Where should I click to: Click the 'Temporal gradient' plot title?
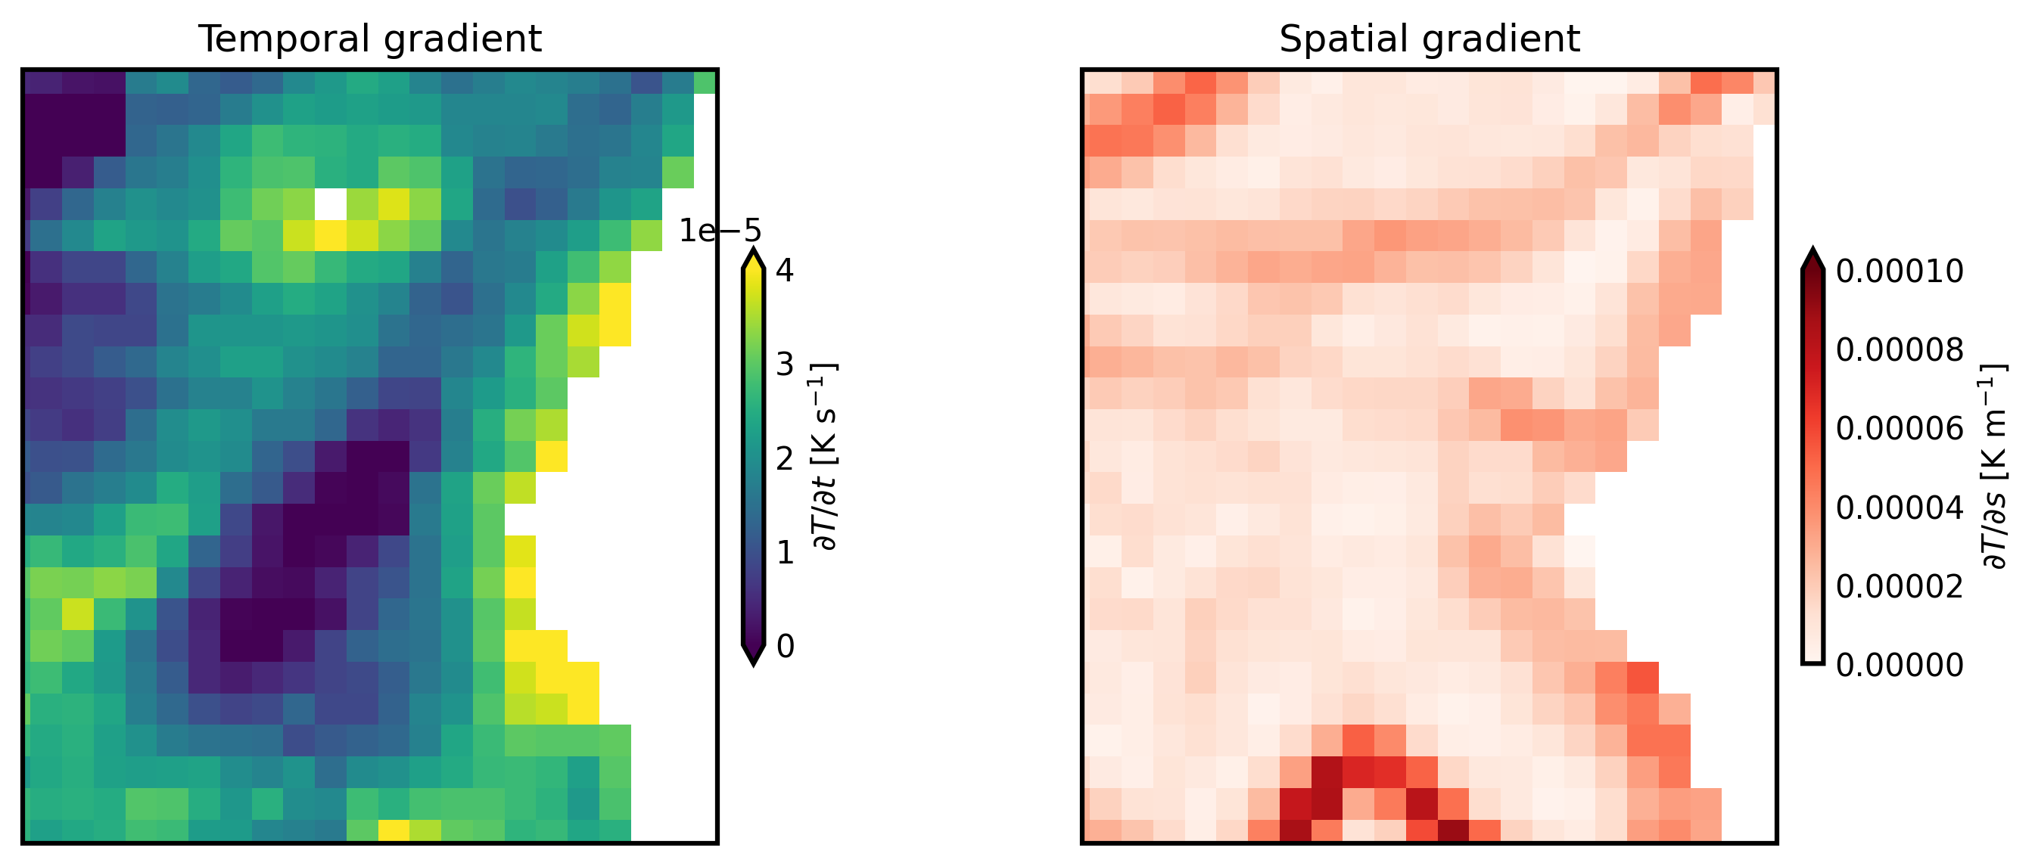[x=370, y=39]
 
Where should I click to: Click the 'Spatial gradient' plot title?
[x=1429, y=39]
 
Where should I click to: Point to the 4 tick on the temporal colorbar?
[x=785, y=271]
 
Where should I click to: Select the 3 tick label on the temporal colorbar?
[x=785, y=365]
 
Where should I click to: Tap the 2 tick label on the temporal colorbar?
[x=785, y=458]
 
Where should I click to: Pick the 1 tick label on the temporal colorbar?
[x=785, y=553]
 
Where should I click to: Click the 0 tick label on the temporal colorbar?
[x=785, y=647]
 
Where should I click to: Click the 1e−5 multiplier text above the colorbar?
[x=720, y=231]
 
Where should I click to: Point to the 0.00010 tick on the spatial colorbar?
[x=1899, y=272]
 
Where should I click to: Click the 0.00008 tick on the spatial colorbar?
[x=1899, y=349]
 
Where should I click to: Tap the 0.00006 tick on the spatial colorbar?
[x=1899, y=429]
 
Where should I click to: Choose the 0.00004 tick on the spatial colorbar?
[x=1899, y=507]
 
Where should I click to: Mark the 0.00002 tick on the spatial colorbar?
[x=1899, y=587]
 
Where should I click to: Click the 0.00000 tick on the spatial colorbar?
[x=1899, y=666]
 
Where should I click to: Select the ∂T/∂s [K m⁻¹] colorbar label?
[x=1994, y=466]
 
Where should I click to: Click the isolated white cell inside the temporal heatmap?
[x=330, y=204]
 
